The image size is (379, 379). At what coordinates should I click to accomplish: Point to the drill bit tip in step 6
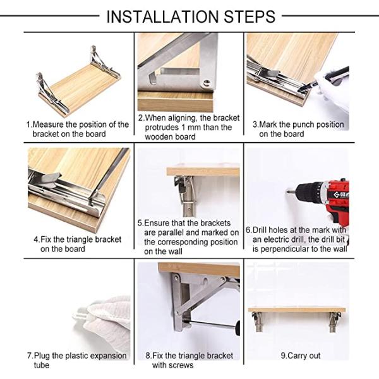288,191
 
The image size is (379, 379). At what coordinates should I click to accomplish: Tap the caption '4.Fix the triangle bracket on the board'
77,244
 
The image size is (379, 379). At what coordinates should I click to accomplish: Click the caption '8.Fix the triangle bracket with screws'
189,360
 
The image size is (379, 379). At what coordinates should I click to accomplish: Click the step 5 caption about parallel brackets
188,237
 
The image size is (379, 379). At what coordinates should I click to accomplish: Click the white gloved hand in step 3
332,92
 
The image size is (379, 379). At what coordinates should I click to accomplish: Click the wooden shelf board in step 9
296,310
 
